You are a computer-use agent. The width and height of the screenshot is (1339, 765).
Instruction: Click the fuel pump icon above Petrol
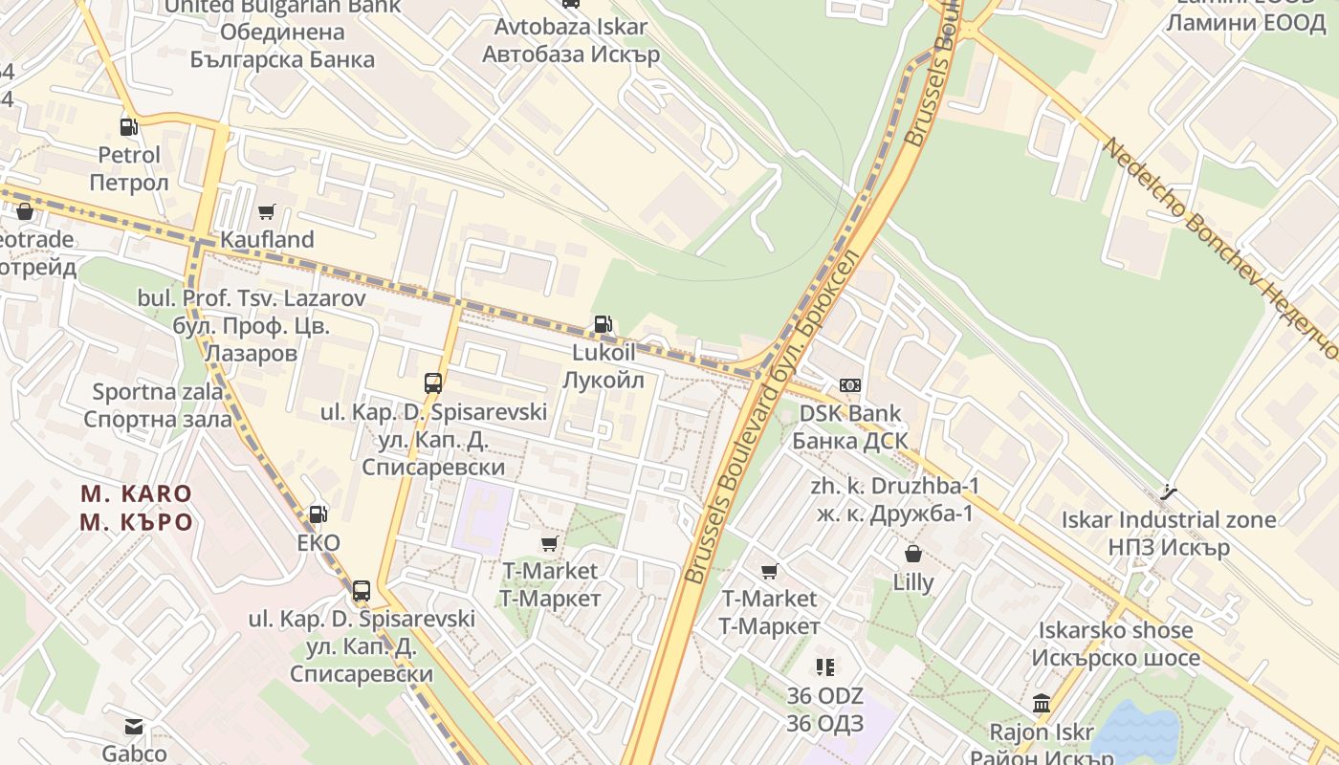[128, 126]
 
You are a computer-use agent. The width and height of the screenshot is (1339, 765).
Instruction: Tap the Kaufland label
[267, 239]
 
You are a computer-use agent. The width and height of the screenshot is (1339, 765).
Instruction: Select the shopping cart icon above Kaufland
[267, 211]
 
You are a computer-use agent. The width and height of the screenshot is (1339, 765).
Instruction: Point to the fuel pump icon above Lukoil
[603, 324]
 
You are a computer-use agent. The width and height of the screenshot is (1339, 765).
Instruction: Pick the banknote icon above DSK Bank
[849, 385]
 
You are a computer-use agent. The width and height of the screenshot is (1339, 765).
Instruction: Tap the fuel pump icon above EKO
[318, 514]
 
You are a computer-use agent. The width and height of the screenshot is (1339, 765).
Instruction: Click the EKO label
[318, 543]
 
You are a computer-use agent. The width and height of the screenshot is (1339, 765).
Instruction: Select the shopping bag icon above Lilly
[913, 554]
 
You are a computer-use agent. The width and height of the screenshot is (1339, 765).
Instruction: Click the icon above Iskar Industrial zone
[1168, 492]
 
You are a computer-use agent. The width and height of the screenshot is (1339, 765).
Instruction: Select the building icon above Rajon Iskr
[1042, 705]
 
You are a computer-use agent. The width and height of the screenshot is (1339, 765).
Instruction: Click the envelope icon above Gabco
[134, 727]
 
